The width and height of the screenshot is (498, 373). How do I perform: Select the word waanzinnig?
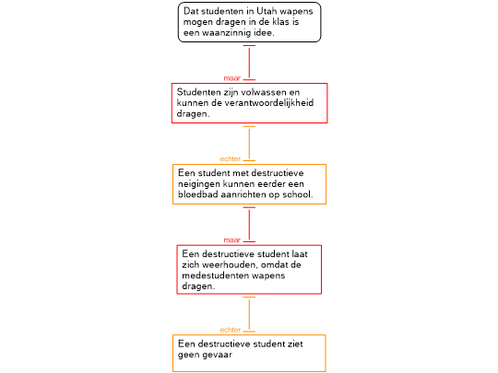click(x=225, y=33)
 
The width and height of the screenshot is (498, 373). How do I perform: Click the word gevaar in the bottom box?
click(x=219, y=355)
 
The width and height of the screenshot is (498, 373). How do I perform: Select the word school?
click(x=298, y=194)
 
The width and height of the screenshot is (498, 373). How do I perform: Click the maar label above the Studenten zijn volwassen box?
click(x=232, y=78)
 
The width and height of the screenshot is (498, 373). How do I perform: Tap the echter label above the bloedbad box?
click(x=231, y=159)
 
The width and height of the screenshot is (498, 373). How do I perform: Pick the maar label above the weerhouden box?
click(x=232, y=240)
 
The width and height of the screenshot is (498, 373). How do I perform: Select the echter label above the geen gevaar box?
click(x=231, y=330)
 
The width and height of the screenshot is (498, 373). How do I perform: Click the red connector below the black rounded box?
click(x=249, y=63)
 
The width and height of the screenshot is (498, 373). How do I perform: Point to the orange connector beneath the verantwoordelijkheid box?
click(x=249, y=144)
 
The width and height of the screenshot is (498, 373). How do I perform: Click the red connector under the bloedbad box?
click(x=249, y=225)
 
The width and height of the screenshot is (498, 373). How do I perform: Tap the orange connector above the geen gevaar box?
click(x=249, y=314)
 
